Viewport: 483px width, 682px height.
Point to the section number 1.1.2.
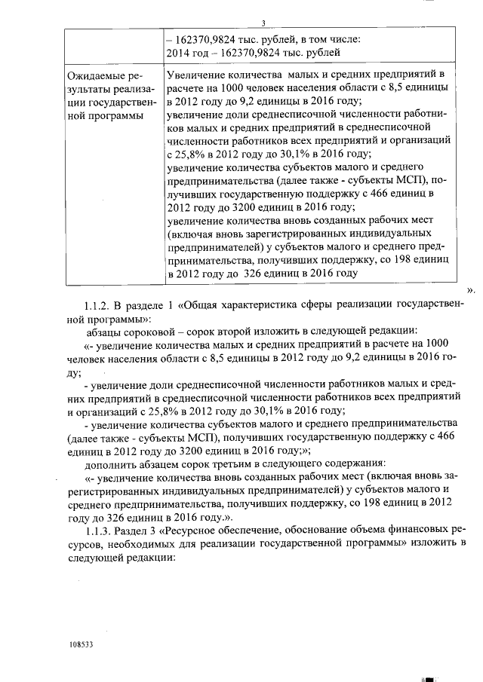(100, 304)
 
